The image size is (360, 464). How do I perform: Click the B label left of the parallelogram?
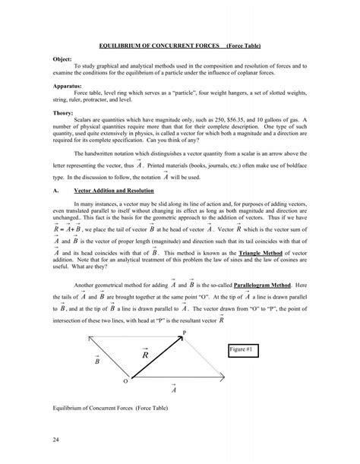pos(97,359)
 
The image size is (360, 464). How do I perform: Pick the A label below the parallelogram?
pos(174,390)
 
